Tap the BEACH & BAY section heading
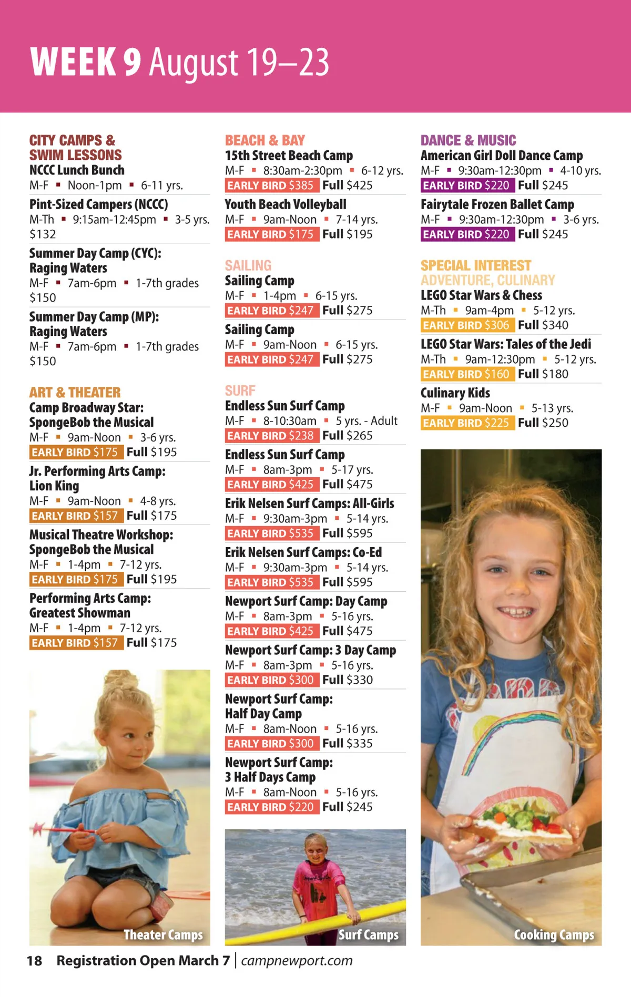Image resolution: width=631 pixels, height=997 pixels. click(265, 140)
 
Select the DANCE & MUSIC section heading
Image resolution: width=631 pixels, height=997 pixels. click(468, 140)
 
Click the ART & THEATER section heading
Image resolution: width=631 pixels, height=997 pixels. click(75, 393)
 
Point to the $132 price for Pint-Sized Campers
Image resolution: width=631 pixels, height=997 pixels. click(43, 234)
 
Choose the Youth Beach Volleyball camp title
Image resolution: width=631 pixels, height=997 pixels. click(286, 204)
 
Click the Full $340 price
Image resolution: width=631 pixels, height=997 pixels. click(543, 325)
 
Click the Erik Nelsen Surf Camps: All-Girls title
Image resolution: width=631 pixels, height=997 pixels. click(310, 503)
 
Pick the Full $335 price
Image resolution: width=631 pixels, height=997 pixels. click(348, 744)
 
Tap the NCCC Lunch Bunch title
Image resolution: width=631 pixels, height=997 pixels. click(77, 170)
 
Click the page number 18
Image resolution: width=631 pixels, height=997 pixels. click(34, 961)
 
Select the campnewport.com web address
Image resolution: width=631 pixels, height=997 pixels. click(297, 961)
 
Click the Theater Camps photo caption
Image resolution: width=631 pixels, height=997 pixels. click(163, 935)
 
